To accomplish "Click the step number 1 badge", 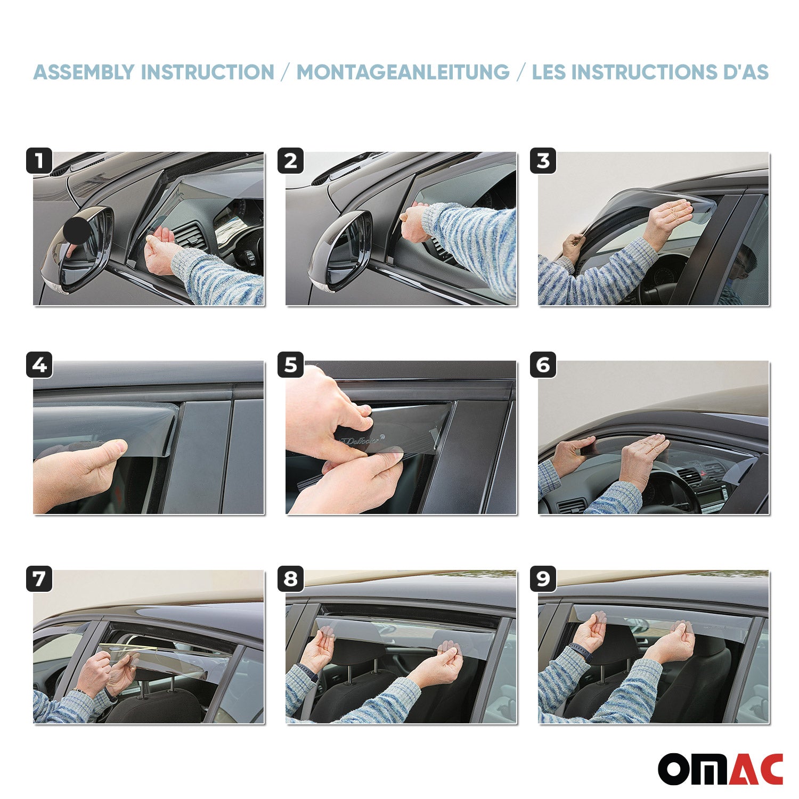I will point(39,161).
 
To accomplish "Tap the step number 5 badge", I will point(291,365).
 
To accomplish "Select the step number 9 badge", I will point(543,579).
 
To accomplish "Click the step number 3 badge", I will point(543,161).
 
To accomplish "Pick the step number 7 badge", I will point(39,579).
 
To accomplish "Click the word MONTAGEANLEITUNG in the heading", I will point(403,72).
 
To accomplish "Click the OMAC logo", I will point(720,769).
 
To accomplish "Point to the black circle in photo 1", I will point(77,230).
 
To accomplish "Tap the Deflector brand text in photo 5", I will point(360,441).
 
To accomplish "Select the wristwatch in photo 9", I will point(580,651).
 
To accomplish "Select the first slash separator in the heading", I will point(286,72).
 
